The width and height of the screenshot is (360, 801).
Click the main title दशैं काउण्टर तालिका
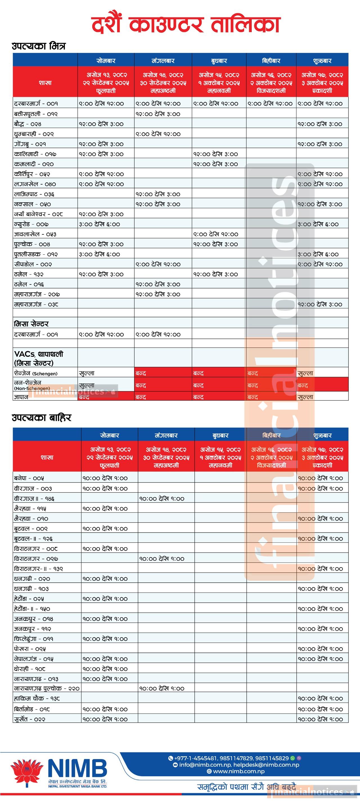click(x=186, y=25)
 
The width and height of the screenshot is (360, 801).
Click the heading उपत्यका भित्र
click(x=39, y=46)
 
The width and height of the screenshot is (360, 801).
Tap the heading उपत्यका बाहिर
click(x=42, y=417)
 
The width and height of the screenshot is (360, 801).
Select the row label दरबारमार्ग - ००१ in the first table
click(x=36, y=104)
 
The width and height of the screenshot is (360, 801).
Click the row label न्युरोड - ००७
click(x=31, y=224)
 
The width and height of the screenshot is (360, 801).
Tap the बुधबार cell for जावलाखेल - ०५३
click(x=215, y=234)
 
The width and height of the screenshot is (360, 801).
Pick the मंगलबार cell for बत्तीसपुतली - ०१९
click(x=158, y=114)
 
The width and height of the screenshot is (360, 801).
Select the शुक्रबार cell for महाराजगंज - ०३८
click(x=320, y=304)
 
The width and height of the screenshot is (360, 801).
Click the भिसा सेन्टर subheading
click(x=31, y=324)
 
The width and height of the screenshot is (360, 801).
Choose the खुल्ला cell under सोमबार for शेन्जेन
click(x=87, y=373)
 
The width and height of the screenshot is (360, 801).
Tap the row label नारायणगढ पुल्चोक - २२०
click(x=47, y=688)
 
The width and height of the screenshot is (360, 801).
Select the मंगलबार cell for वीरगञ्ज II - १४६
click(x=162, y=499)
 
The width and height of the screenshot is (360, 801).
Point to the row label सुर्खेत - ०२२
click(x=30, y=719)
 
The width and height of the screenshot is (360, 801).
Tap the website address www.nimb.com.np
click(x=238, y=771)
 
